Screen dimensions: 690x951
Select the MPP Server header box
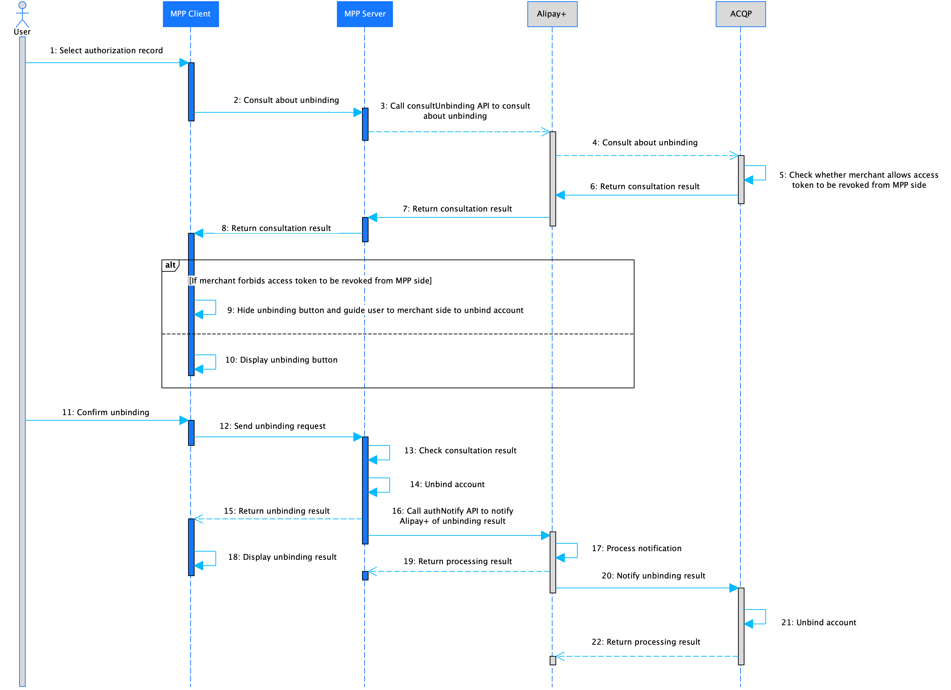(x=364, y=14)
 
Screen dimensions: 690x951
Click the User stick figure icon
(x=22, y=15)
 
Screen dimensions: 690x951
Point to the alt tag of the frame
(x=170, y=265)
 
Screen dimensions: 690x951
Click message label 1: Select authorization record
(x=106, y=50)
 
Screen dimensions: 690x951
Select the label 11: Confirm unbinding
(x=106, y=412)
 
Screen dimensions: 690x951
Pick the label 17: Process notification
(x=636, y=548)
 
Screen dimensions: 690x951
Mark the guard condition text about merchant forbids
(x=310, y=280)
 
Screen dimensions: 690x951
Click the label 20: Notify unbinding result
(x=653, y=575)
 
